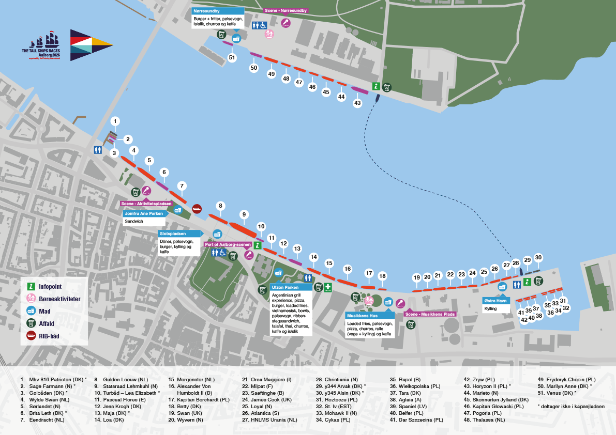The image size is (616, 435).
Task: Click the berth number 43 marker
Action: point(357,103)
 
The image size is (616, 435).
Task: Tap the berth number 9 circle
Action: point(244,214)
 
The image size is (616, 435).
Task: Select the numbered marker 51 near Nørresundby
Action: point(232,58)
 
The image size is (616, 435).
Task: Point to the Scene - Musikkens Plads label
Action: point(430,314)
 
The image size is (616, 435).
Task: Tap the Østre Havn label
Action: point(496,301)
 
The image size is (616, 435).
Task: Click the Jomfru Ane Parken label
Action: point(144,213)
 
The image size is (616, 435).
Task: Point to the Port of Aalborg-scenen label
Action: point(228,244)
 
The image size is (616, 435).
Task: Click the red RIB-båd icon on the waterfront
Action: point(197,209)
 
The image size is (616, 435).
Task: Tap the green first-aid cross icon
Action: point(327,288)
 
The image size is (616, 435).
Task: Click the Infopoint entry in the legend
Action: point(44,287)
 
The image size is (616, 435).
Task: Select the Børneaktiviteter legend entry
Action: point(53,299)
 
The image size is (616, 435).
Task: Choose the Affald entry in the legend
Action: point(40,323)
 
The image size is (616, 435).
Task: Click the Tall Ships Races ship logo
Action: point(41,45)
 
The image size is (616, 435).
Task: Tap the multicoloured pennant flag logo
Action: point(92,45)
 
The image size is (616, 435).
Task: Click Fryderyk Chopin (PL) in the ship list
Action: point(566,379)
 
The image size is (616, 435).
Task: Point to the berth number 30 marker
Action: point(538,258)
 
